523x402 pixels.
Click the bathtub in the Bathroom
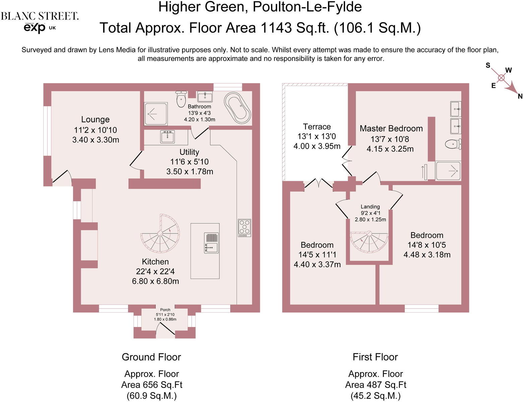point(237,109)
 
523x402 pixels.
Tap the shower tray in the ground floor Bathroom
point(156,114)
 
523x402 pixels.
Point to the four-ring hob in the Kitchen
point(245,227)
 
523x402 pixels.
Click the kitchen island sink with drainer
point(211,243)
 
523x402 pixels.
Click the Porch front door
point(166,329)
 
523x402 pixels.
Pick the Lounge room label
point(95,119)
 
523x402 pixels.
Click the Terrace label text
point(317,127)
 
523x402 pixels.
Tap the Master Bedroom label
point(391,128)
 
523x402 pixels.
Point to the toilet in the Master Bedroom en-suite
point(453,144)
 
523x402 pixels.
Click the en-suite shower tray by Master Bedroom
point(448,171)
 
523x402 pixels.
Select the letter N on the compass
point(520,96)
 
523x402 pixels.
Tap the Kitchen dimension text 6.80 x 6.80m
point(155,281)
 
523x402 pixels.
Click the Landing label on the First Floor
point(370,206)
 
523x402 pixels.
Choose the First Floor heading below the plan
point(375,357)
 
